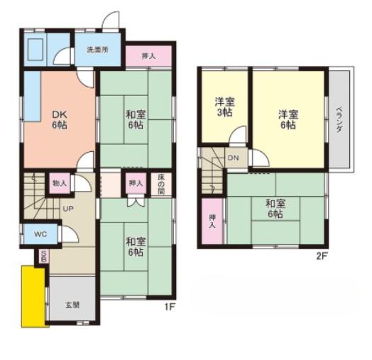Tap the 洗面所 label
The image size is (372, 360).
(x=97, y=50)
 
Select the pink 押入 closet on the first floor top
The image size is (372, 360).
(x=148, y=55)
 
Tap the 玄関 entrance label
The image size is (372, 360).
(x=72, y=305)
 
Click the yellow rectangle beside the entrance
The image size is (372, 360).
(x=34, y=296)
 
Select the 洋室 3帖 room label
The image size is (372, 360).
(x=225, y=107)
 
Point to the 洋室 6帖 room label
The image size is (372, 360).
(x=288, y=119)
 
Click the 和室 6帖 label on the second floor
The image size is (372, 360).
(x=276, y=208)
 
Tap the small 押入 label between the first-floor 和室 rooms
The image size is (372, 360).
(x=135, y=183)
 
